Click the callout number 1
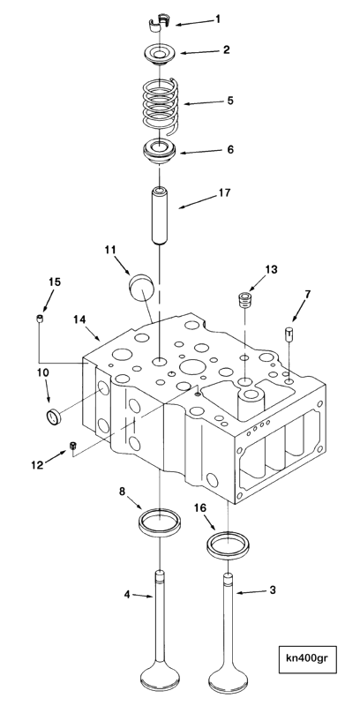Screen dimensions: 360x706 click(218, 19)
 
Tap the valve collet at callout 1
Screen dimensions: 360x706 click(158, 22)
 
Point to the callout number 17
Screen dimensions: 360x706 click(224, 192)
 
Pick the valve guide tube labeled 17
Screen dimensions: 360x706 click(160, 215)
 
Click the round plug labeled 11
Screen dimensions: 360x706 click(140, 289)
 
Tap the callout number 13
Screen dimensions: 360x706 click(271, 270)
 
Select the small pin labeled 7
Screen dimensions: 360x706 click(289, 334)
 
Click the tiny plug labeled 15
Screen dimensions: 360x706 click(40, 319)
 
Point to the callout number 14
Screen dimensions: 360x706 click(79, 319)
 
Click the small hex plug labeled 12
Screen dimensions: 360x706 click(72, 446)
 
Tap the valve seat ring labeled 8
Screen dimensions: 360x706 click(160, 522)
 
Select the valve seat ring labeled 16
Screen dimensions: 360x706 click(229, 545)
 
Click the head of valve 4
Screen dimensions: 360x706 click(160, 675)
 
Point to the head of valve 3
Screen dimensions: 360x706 click(229, 675)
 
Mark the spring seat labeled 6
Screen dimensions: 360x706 click(159, 151)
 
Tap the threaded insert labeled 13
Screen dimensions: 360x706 click(244, 299)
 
